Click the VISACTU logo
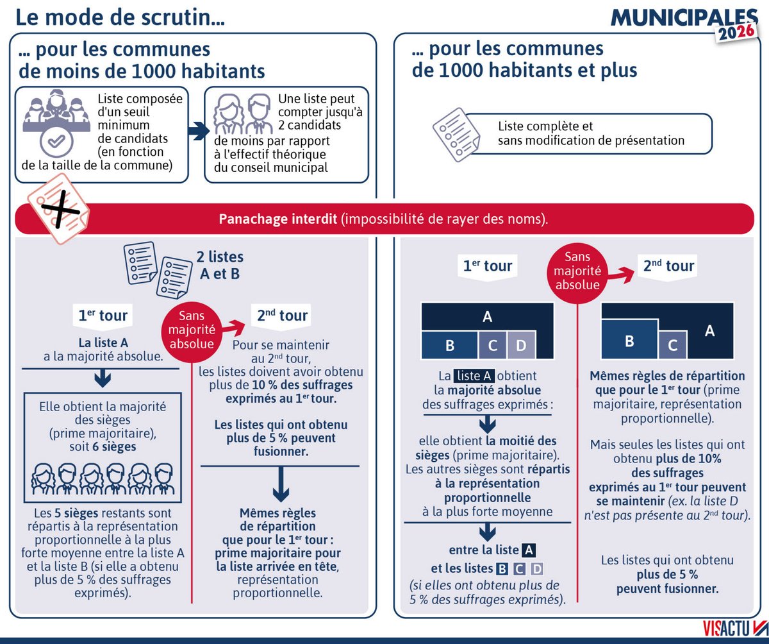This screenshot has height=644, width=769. [724, 628]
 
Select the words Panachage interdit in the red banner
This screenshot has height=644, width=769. [277, 219]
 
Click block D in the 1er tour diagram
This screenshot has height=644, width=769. [520, 346]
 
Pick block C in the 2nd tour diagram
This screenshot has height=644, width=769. [673, 345]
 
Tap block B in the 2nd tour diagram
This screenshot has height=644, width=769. [629, 341]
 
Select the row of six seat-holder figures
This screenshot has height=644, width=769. [103, 478]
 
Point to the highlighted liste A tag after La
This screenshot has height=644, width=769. [474, 376]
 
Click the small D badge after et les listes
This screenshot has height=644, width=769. [537, 568]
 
